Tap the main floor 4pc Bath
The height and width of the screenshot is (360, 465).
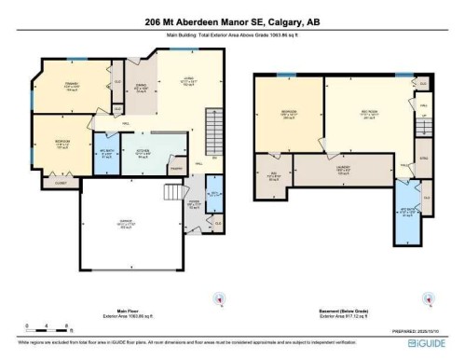(x=105, y=155)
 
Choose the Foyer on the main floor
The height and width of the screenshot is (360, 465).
(x=197, y=205)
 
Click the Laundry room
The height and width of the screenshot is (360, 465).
(x=341, y=172)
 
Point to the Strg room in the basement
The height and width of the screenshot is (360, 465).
(x=424, y=159)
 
